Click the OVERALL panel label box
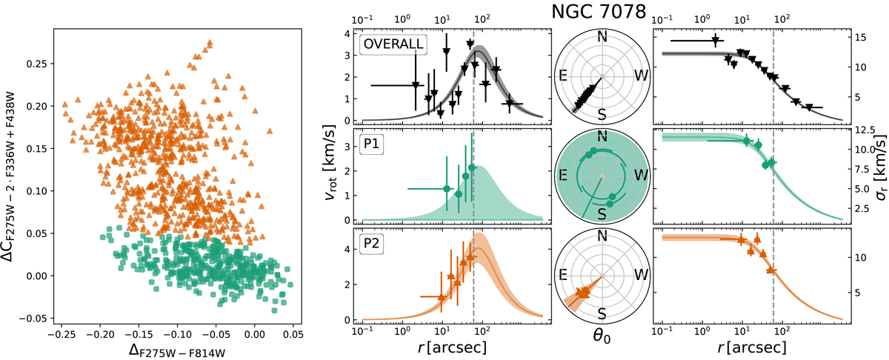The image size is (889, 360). pos(393,44)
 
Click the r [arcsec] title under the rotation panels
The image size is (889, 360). pos(455,345)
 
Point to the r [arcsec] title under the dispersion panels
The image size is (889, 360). pos(749,345)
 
